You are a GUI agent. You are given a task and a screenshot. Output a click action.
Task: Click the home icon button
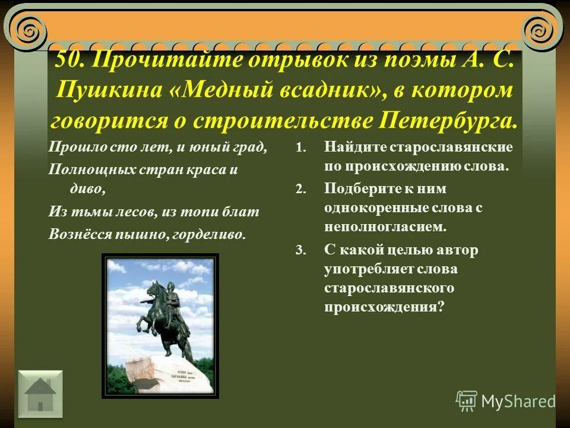click(40, 391)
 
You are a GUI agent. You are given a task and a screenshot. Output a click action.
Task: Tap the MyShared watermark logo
click(506, 401)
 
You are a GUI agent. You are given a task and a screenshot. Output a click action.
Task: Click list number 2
click(299, 190)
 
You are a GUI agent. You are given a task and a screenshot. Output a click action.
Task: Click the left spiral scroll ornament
click(27, 28)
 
